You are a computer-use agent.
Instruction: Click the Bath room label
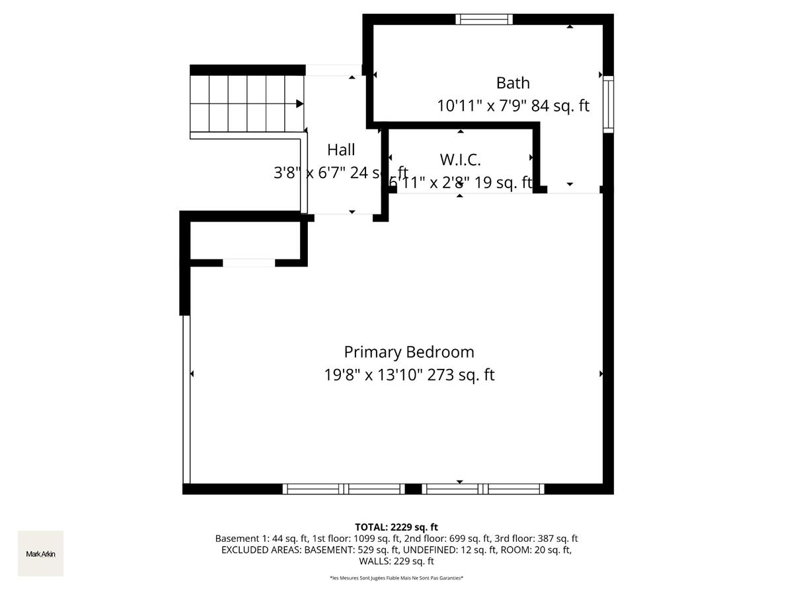point(513,83)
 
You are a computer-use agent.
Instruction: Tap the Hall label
point(341,150)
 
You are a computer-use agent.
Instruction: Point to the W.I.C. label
point(460,160)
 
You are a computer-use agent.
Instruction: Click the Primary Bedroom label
point(408,352)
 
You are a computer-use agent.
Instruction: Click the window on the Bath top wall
point(484,19)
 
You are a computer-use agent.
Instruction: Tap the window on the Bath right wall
point(608,104)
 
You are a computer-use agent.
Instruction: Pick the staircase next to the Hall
point(247,104)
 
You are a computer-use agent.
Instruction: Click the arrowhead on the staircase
point(300,104)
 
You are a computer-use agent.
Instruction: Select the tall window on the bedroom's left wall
point(186,399)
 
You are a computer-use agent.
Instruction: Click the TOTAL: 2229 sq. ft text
point(397,527)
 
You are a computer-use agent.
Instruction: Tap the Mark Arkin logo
point(40,554)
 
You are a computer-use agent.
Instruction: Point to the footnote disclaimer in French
point(397,578)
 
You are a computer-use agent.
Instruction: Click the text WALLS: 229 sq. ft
point(397,562)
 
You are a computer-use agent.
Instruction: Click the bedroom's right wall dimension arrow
point(601,374)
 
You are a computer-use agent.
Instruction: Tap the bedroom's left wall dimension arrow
point(192,374)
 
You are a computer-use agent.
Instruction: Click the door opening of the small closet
point(248,263)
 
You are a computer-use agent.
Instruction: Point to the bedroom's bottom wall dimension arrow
point(460,482)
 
